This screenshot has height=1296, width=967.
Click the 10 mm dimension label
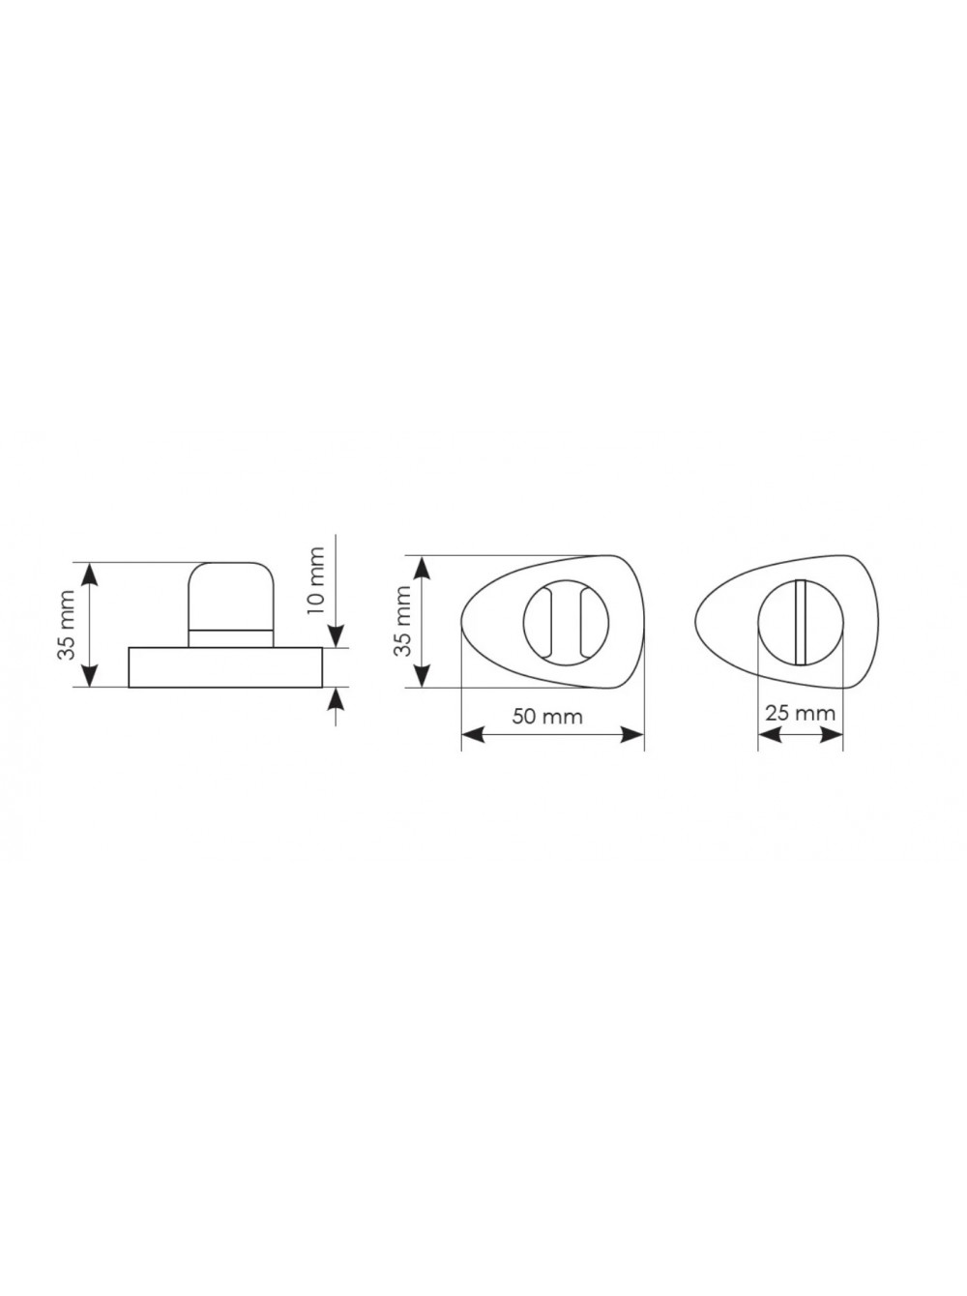click(x=316, y=581)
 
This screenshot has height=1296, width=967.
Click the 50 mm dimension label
click(x=547, y=717)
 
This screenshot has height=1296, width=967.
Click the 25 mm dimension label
click(x=800, y=713)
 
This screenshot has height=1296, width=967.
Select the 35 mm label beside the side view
click(x=66, y=624)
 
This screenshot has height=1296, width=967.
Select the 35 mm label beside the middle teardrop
click(x=403, y=621)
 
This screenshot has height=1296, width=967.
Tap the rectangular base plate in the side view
click(x=225, y=667)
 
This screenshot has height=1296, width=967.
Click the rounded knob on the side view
click(x=230, y=597)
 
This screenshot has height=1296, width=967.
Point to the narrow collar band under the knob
click(x=230, y=639)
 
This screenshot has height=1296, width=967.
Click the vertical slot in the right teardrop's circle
click(x=801, y=622)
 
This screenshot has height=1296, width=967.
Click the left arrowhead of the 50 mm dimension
click(x=472, y=735)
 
